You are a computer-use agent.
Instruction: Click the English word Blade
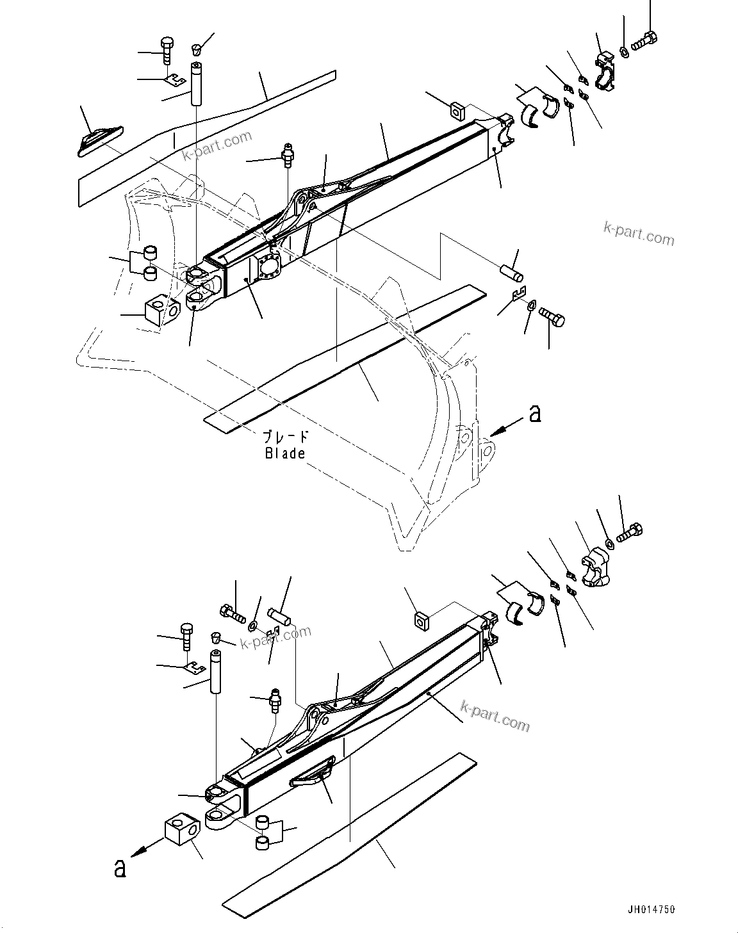[x=285, y=453]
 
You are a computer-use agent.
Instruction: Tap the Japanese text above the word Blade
[x=286, y=437]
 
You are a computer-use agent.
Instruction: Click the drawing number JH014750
[x=651, y=909]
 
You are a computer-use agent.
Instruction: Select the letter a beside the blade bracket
[x=535, y=414]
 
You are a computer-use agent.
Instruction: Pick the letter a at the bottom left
[x=119, y=869]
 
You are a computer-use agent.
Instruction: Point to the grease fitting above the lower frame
[x=276, y=700]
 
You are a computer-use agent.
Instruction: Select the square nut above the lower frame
[x=421, y=620]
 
